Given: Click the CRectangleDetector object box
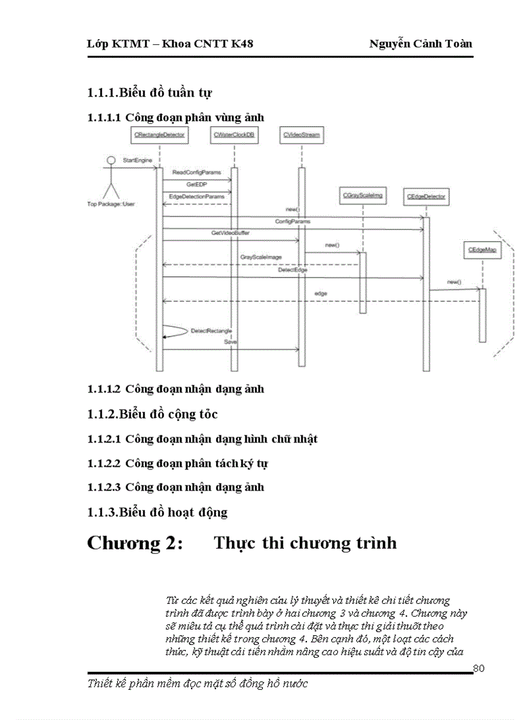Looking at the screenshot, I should point(160,135).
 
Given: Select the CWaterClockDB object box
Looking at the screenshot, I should point(234,135).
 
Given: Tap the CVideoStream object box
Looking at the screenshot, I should point(301,135).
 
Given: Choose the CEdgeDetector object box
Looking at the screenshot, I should point(426,197).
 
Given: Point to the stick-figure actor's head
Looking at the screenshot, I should point(110,159).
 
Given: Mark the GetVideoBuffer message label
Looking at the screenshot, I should point(230,233).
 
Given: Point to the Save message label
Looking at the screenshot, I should point(230,342).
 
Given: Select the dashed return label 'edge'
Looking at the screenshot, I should point(320,294).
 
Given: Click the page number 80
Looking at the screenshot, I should point(479,669).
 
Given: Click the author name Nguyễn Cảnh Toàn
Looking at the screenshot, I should point(420,44).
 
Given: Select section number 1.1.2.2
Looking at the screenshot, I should point(103,463).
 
